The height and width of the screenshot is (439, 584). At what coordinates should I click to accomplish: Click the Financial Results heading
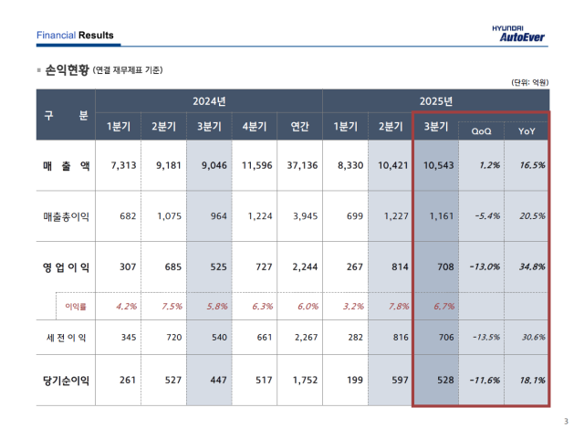coord(75,36)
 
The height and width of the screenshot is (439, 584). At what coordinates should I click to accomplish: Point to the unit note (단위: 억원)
coord(529,82)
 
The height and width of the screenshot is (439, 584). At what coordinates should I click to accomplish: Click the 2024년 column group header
coord(208,100)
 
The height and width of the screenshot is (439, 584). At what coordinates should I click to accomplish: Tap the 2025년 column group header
coord(436,100)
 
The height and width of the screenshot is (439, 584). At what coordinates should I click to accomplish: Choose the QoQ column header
coord(481,131)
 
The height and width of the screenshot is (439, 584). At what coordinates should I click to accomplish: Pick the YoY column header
coord(527,131)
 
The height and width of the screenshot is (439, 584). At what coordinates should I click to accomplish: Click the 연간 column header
coord(300,127)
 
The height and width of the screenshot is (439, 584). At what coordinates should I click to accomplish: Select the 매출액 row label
coord(66,165)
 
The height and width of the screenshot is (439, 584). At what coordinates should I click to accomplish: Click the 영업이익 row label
coord(66,267)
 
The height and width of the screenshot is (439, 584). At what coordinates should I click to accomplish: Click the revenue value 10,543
coord(436,165)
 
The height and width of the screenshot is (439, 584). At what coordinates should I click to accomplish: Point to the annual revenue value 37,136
coord(300,165)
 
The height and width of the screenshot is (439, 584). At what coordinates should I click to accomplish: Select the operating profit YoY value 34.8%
coord(527,267)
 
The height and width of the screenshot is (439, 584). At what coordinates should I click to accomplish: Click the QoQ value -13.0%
coord(481,267)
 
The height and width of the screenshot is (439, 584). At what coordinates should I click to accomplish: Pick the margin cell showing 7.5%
coord(165,306)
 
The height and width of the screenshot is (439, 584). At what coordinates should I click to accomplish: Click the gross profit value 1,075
coord(165,216)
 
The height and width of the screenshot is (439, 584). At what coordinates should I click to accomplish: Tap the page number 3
coord(565,421)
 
